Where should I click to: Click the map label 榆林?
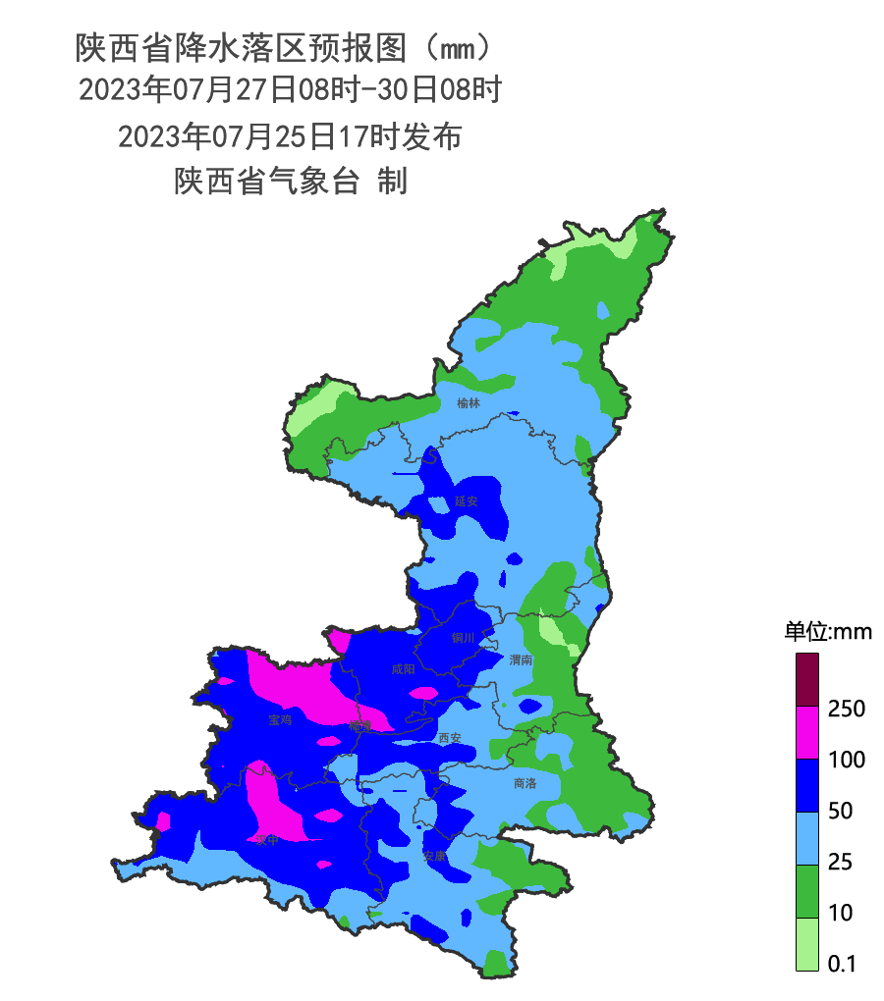coord(469,402)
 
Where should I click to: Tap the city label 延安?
coord(466,500)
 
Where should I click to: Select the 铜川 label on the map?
coord(463,638)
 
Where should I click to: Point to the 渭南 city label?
coord(522,660)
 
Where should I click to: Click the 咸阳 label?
coord(403,669)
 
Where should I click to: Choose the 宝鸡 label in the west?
coord(280,720)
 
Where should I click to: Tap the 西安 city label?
coord(450,737)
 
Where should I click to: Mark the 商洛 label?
coord(525,784)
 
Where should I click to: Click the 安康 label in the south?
coord(434,856)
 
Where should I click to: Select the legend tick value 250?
coord(846,709)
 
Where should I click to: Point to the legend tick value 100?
coord(846,760)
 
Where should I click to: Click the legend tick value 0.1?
coord(841,964)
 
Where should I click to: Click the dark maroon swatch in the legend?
coord(806,679)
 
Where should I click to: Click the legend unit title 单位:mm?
coord(827,632)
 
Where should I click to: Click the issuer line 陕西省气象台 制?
coord(290,182)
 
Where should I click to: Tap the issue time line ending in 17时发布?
coord(290,136)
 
